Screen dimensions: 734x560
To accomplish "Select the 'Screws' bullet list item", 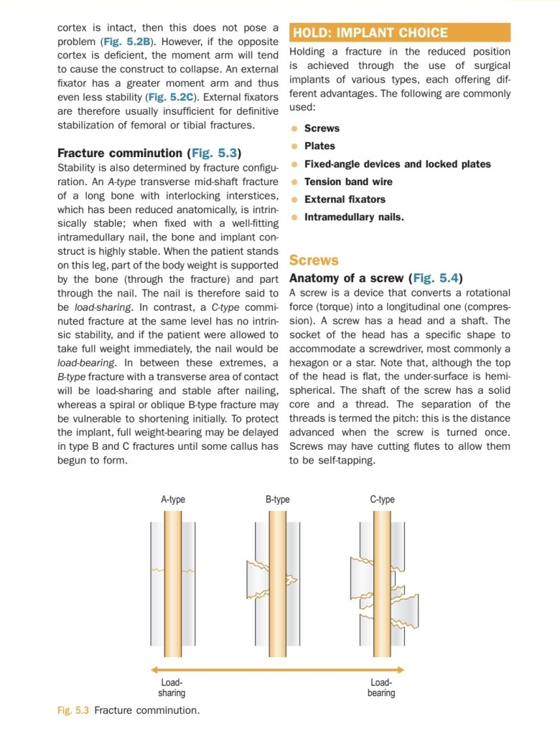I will point(322,128).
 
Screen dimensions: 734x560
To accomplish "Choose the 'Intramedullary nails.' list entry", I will point(354,217).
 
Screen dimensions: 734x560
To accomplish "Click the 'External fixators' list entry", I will point(345,199).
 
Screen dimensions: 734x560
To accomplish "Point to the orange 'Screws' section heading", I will point(314,260).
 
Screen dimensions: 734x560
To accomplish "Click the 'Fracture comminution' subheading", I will point(120,153).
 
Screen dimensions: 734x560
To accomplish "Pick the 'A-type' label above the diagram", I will point(173,499).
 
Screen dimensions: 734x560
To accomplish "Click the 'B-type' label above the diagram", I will point(278,499).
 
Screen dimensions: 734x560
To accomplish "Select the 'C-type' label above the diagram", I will point(382,499).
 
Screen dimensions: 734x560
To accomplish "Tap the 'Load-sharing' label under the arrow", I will point(172,688).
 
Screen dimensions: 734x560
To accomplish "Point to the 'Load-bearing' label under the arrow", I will point(381,688).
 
